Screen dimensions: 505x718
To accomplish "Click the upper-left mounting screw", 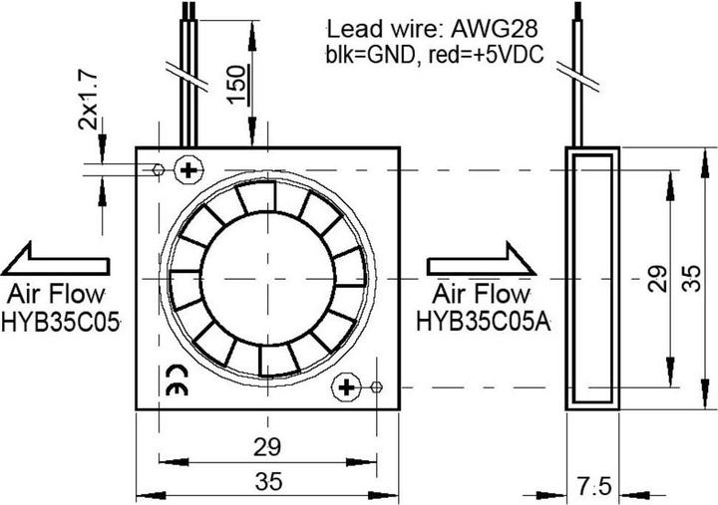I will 186,170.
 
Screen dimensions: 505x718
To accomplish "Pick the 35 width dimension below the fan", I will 267,482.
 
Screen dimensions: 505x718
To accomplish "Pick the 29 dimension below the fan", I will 267,445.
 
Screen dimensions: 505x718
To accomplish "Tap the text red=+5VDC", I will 482,55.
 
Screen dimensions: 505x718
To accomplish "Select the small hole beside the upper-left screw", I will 160,170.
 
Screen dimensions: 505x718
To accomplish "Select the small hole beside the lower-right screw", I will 377,386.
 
